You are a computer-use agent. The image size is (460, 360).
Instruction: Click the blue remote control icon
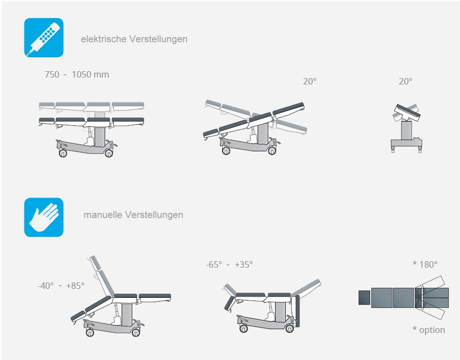(x=44, y=38)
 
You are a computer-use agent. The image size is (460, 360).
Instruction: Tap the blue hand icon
(x=44, y=217)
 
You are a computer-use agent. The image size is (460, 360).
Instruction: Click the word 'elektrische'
(x=104, y=39)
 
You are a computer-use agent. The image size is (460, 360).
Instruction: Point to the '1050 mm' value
(x=90, y=74)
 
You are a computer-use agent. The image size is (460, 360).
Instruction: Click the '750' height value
(x=52, y=74)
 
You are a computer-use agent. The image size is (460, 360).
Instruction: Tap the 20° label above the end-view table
(x=405, y=81)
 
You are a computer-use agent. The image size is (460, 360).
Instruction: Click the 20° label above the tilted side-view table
(x=310, y=81)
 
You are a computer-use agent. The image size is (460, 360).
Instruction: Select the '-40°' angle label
(x=46, y=286)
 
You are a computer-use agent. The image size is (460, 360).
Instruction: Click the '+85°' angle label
(x=75, y=286)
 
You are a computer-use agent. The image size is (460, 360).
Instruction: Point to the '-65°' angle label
(x=214, y=264)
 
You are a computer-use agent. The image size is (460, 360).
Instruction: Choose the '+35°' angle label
(x=244, y=264)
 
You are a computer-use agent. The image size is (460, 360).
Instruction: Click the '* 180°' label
(x=425, y=264)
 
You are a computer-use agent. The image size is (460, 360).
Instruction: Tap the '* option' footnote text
(x=429, y=330)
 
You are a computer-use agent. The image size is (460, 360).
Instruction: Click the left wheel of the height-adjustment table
(x=63, y=153)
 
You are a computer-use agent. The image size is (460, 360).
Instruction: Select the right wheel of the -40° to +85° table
(x=136, y=332)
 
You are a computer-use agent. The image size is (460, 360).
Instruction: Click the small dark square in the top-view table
(x=364, y=297)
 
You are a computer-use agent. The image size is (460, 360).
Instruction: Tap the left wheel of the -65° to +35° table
(x=243, y=328)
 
